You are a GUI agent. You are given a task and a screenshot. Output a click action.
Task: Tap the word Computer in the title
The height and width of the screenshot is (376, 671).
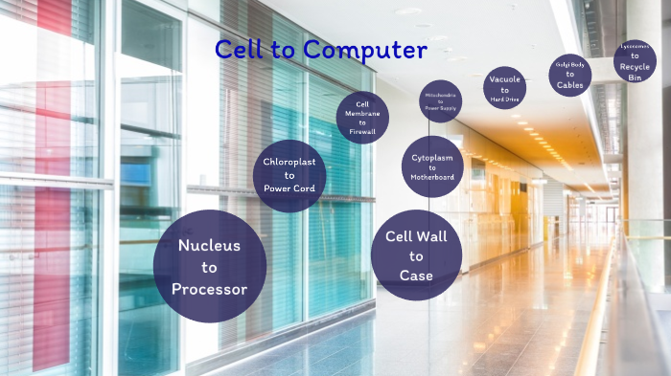coord(358,50)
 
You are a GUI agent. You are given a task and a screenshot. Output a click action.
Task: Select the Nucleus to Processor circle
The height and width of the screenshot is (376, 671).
coord(209,266)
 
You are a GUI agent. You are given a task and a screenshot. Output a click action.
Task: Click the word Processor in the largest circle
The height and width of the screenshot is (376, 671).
coord(209,289)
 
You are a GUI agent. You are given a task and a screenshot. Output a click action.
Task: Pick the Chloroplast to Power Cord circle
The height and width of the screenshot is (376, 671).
coord(289,176)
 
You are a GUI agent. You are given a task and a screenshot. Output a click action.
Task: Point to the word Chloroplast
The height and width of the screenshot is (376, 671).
coord(289,162)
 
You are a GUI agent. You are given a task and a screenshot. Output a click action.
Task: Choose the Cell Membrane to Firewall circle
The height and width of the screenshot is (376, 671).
coord(362,118)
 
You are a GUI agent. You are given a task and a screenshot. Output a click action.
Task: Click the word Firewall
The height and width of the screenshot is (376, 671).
coord(362,131)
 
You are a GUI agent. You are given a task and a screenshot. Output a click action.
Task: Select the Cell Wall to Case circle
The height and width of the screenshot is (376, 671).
coord(416,255)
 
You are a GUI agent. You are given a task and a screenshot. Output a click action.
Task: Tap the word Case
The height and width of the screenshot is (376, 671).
coord(416,276)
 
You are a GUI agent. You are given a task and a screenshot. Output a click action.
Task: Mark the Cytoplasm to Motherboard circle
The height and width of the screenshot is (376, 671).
coord(432,166)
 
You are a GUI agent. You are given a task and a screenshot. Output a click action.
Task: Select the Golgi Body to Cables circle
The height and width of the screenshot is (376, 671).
coord(569,75)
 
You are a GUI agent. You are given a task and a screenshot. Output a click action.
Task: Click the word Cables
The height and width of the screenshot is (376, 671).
coord(569,84)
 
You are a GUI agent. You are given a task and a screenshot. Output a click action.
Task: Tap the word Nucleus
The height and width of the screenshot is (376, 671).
coord(209,245)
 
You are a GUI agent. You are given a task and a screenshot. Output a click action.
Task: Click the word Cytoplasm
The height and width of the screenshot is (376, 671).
coord(432,156)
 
